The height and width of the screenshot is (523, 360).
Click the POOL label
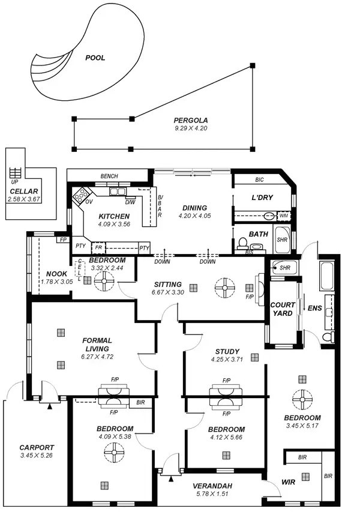(x=95, y=58)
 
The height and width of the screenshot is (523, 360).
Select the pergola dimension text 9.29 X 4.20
(x=190, y=128)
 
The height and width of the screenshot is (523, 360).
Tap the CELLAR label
(x=23, y=191)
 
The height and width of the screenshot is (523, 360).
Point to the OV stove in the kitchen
(x=80, y=195)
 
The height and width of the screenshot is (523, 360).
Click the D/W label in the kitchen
(x=130, y=202)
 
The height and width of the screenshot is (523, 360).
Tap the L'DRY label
(x=262, y=198)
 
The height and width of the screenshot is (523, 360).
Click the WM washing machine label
(x=283, y=215)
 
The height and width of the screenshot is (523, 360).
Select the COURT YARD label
(x=282, y=309)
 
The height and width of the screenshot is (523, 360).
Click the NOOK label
(x=56, y=274)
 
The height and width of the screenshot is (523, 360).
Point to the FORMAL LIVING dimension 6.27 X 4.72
(x=97, y=356)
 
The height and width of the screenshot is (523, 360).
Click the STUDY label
(x=227, y=351)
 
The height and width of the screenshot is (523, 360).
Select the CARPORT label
(x=37, y=447)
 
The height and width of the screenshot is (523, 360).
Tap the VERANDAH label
(x=213, y=486)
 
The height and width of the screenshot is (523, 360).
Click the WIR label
(x=288, y=482)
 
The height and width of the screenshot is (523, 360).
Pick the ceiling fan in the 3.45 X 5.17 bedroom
(x=302, y=398)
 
